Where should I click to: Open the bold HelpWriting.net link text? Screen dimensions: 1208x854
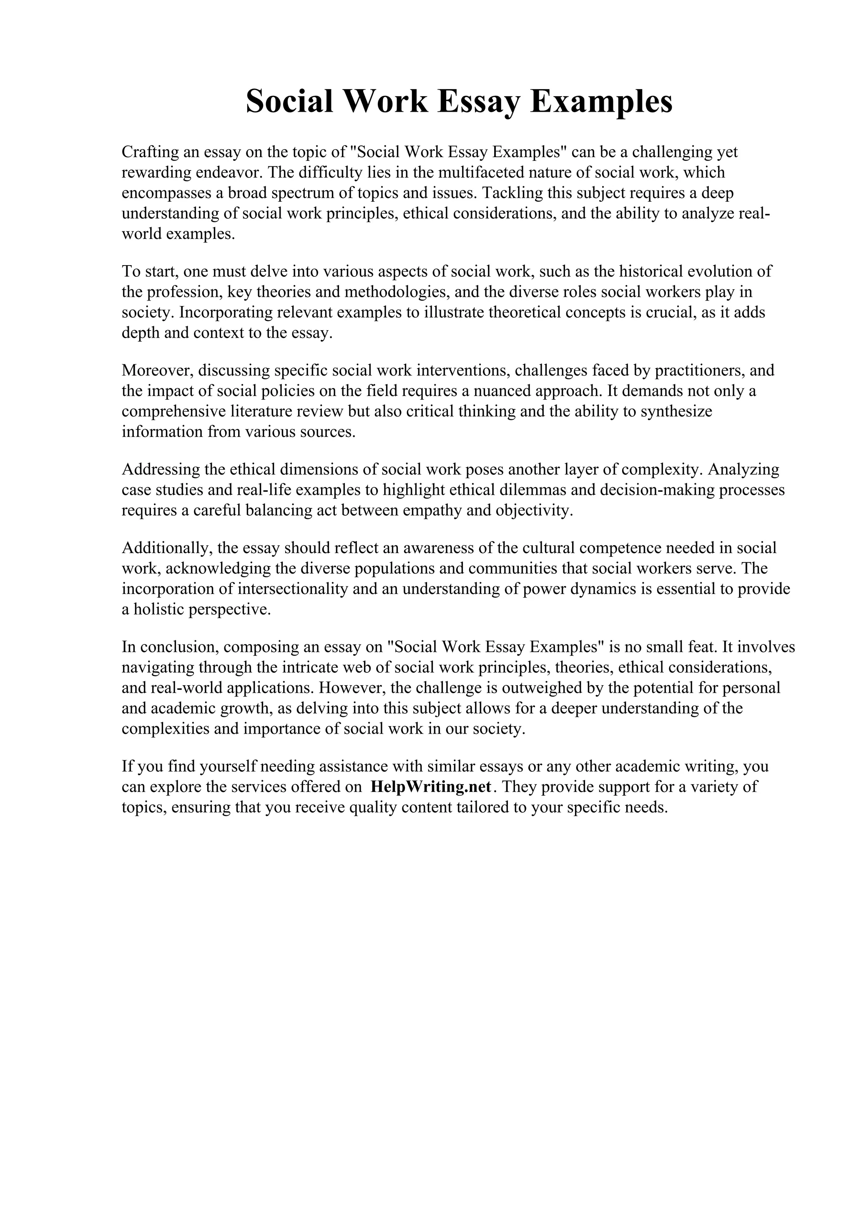(431, 787)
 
